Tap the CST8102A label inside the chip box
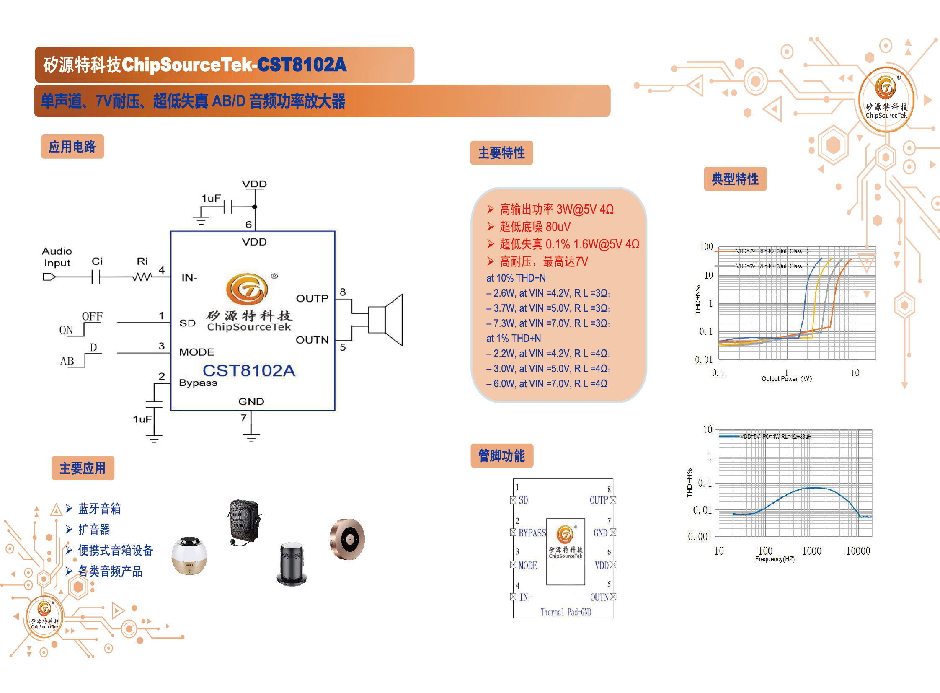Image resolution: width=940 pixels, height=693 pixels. pos(249,370)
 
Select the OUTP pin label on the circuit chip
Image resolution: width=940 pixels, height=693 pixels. pos(312,298)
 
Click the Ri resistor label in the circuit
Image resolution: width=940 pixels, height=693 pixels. pos(142,261)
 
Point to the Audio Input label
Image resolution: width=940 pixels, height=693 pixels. pos(57,257)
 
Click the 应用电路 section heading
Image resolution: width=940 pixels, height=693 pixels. pos(72,147)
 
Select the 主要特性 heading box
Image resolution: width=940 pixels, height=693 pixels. pos(501,153)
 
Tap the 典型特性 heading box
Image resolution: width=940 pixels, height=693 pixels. pos(735,179)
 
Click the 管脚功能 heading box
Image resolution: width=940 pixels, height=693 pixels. pos(502,455)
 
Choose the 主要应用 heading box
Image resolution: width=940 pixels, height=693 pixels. pos(83,468)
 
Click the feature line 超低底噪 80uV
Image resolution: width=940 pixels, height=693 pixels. pos(535,227)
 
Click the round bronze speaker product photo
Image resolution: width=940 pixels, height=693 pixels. pos(347,539)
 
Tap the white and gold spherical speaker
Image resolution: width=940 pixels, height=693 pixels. pos(189,556)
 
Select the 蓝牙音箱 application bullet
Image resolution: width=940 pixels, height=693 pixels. pos(99,509)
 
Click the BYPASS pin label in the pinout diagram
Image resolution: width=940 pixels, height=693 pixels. pos(532,533)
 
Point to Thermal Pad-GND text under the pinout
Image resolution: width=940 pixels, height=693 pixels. pos(566,612)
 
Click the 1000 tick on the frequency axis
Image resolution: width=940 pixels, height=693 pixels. pos(812,551)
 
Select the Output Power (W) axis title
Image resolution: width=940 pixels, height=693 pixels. pos(787,379)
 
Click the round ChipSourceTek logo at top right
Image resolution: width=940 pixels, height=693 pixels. pos(886,99)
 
